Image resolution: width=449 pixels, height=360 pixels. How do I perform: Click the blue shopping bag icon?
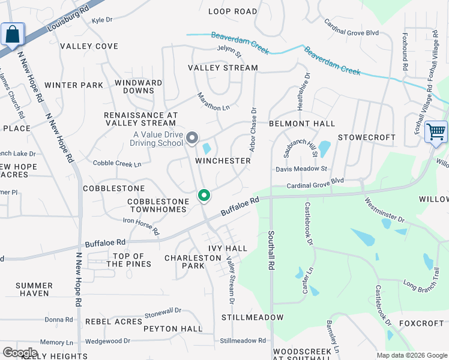click(x=13, y=35)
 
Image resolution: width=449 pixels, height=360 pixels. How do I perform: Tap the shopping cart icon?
click(x=436, y=131)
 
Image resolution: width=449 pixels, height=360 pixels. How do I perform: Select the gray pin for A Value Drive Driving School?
click(x=192, y=139)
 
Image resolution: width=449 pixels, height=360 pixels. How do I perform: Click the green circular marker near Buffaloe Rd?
click(x=204, y=196)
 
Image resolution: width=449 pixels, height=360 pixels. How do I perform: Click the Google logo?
click(x=20, y=353)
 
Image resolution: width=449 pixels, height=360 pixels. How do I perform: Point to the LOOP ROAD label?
click(x=232, y=11)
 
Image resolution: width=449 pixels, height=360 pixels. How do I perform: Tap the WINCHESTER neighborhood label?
click(x=223, y=161)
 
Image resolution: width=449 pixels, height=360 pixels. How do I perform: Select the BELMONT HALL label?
click(x=301, y=124)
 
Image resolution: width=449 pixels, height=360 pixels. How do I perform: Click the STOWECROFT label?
click(x=366, y=137)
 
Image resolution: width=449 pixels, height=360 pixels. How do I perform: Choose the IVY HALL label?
click(x=228, y=248)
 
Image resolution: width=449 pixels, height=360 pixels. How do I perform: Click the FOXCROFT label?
click(x=421, y=323)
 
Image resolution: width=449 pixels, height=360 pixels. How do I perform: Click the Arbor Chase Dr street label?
click(x=253, y=130)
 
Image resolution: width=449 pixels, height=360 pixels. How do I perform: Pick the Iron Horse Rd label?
click(x=142, y=226)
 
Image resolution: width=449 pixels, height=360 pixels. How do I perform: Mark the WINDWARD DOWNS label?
click(x=139, y=87)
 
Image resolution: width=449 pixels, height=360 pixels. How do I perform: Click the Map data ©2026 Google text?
click(x=411, y=355)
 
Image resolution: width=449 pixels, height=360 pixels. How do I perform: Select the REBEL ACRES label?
click(x=113, y=322)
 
